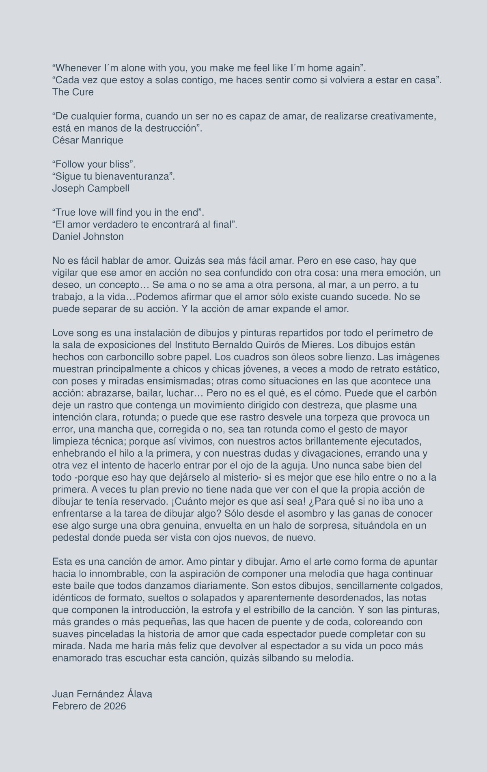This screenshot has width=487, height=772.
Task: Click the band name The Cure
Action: (73, 92)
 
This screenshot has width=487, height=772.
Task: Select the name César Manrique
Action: (88, 141)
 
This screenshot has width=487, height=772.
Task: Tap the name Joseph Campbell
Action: (91, 189)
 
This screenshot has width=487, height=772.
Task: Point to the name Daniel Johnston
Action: (88, 236)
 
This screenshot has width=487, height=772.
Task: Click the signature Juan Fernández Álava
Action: (102, 694)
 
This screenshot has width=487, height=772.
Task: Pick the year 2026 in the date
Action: (115, 706)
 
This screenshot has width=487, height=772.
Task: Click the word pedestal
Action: (70, 538)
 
